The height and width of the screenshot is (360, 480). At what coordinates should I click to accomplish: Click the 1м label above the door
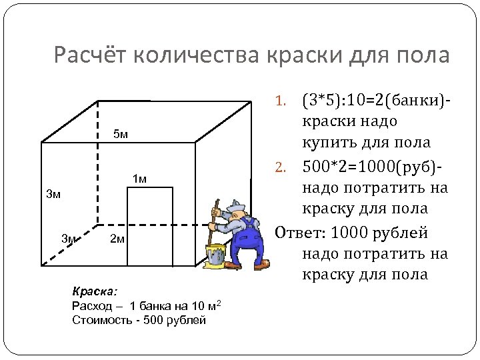click(139, 178)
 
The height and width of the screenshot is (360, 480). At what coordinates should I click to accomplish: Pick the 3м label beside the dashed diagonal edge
click(69, 238)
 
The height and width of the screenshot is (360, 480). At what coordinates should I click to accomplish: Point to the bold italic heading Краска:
click(93, 291)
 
